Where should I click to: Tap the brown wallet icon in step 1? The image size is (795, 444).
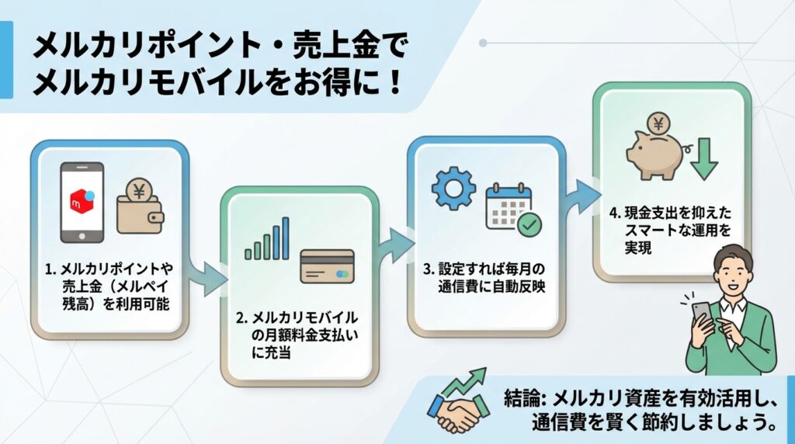141,213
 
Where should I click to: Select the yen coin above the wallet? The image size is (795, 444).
140,191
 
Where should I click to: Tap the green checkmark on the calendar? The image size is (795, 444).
530,225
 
